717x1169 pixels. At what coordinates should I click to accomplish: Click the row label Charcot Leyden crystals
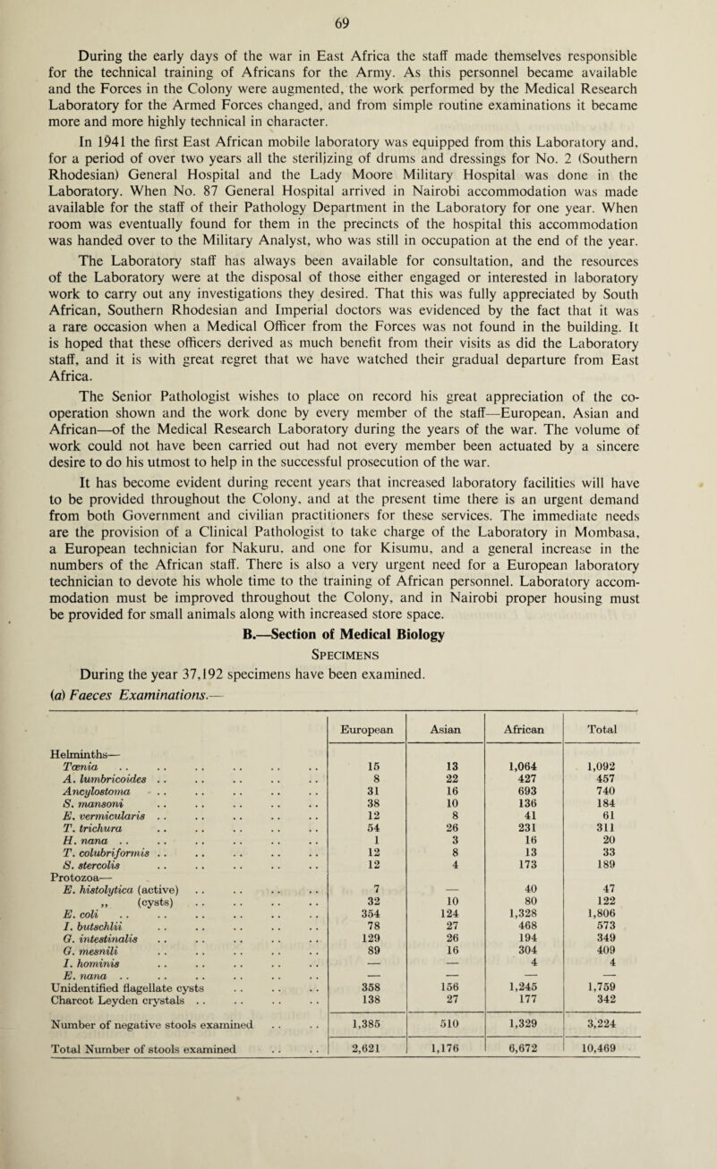99,1091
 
